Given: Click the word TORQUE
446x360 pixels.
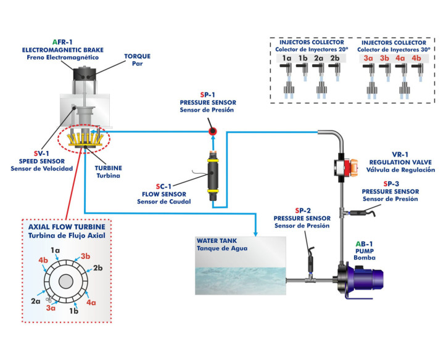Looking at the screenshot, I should pyautogui.click(x=137, y=56).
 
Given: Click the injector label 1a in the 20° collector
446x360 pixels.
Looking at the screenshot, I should pyautogui.click(x=287, y=60).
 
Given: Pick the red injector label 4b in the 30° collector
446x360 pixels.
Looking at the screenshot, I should pyautogui.click(x=416, y=60).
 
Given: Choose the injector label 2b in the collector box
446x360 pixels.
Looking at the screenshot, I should pyautogui.click(x=334, y=60).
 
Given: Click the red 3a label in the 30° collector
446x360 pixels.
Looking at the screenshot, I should pyautogui.click(x=368, y=60).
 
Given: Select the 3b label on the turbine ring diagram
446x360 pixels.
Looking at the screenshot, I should pyautogui.click(x=86, y=256).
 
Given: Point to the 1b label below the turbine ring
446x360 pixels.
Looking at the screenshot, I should pyautogui.click(x=73, y=311).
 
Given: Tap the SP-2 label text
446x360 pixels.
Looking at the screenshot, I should pyautogui.click(x=303, y=210).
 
